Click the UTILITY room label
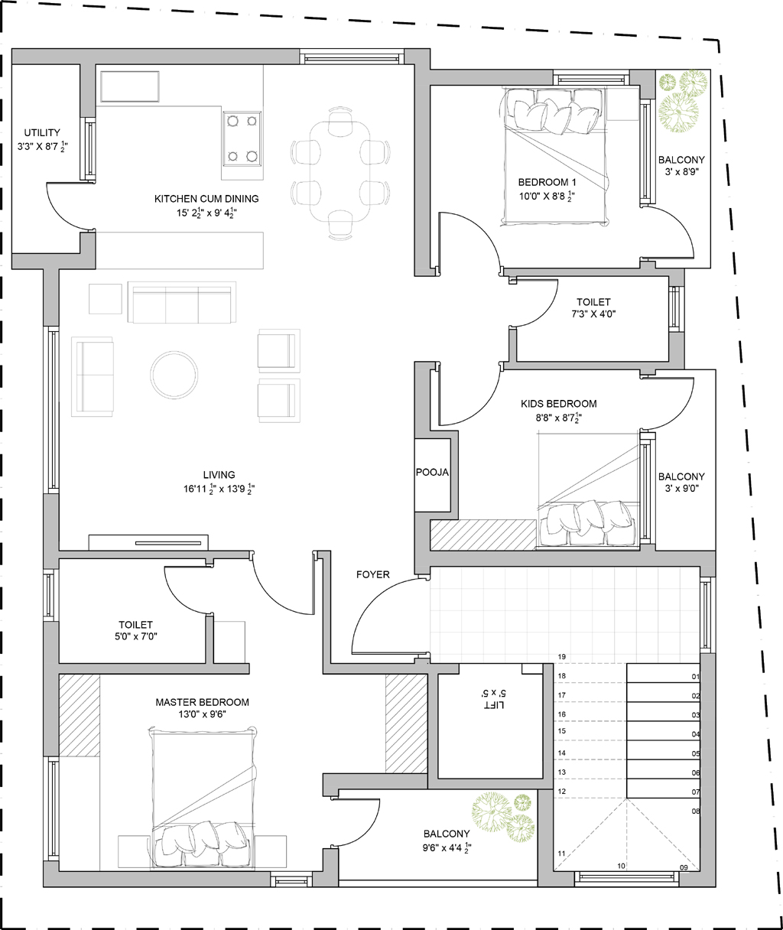click(42, 133)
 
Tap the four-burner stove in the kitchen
click(242, 139)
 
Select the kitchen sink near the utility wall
click(130, 86)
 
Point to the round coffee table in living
click(174, 374)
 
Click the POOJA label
click(432, 472)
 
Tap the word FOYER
click(373, 574)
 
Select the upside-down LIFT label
click(494, 705)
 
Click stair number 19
click(562, 656)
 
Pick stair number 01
click(696, 677)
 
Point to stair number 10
click(622, 866)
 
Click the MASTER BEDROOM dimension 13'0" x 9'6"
click(202, 714)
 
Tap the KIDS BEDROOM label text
click(559, 404)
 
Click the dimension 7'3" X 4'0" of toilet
click(593, 314)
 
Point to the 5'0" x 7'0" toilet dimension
click(136, 636)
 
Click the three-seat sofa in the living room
click(182, 302)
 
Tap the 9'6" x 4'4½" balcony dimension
click(447, 847)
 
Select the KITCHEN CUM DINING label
click(206, 199)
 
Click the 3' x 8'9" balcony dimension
click(681, 171)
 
